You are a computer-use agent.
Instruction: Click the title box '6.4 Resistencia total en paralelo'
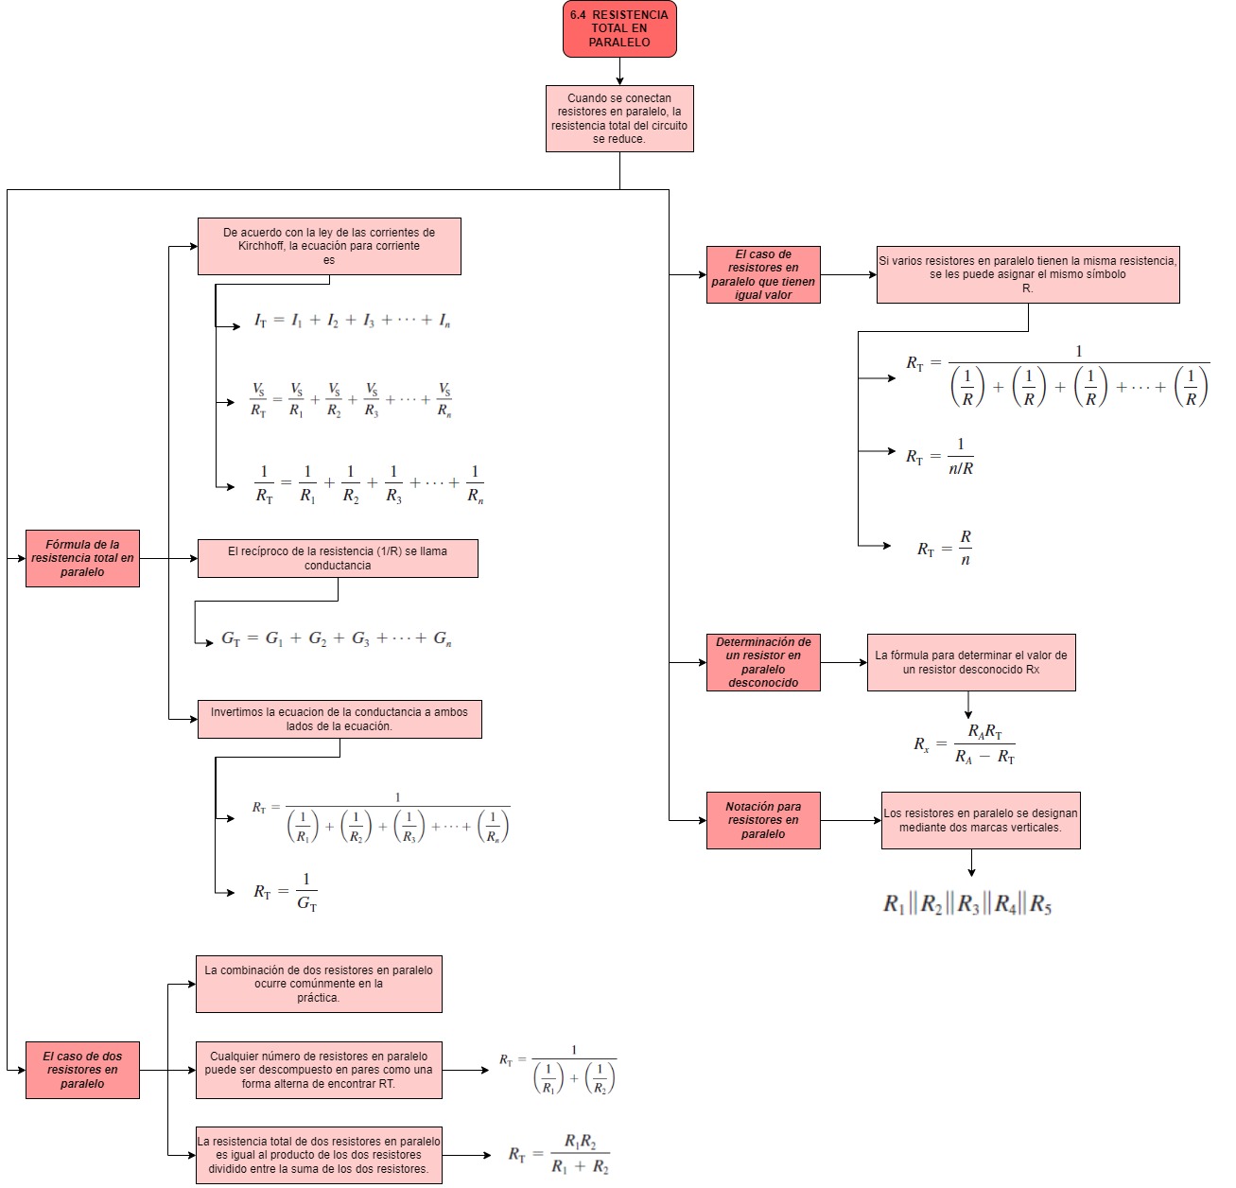coord(619,28)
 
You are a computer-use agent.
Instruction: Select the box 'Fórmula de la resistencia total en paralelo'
coord(82,558)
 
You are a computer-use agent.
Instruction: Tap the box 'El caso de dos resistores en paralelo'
coord(82,1070)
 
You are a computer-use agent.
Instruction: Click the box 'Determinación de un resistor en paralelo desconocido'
coord(763,662)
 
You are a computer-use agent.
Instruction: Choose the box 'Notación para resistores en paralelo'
coord(763,820)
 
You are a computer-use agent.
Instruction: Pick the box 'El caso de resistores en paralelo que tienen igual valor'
coord(763,274)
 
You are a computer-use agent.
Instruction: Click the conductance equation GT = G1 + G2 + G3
coord(337,638)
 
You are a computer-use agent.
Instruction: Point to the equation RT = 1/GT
coord(285,892)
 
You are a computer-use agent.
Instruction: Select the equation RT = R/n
coord(945,548)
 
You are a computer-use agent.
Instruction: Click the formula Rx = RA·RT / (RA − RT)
coord(964,744)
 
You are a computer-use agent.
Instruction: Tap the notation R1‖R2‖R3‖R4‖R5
coord(967,904)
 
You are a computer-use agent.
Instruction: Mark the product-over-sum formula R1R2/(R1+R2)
coord(559,1154)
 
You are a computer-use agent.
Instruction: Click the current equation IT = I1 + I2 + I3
coord(352,321)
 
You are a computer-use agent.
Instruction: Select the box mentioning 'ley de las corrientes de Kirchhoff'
coord(329,246)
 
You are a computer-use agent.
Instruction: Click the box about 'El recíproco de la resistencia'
coord(338,558)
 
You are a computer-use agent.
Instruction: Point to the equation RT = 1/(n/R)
coord(940,456)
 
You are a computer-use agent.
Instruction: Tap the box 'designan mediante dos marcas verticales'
coord(981,820)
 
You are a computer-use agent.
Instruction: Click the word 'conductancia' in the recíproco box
coord(338,566)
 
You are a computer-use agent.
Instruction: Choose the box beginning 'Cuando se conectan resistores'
coord(619,118)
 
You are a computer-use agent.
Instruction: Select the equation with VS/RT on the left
coord(351,400)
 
